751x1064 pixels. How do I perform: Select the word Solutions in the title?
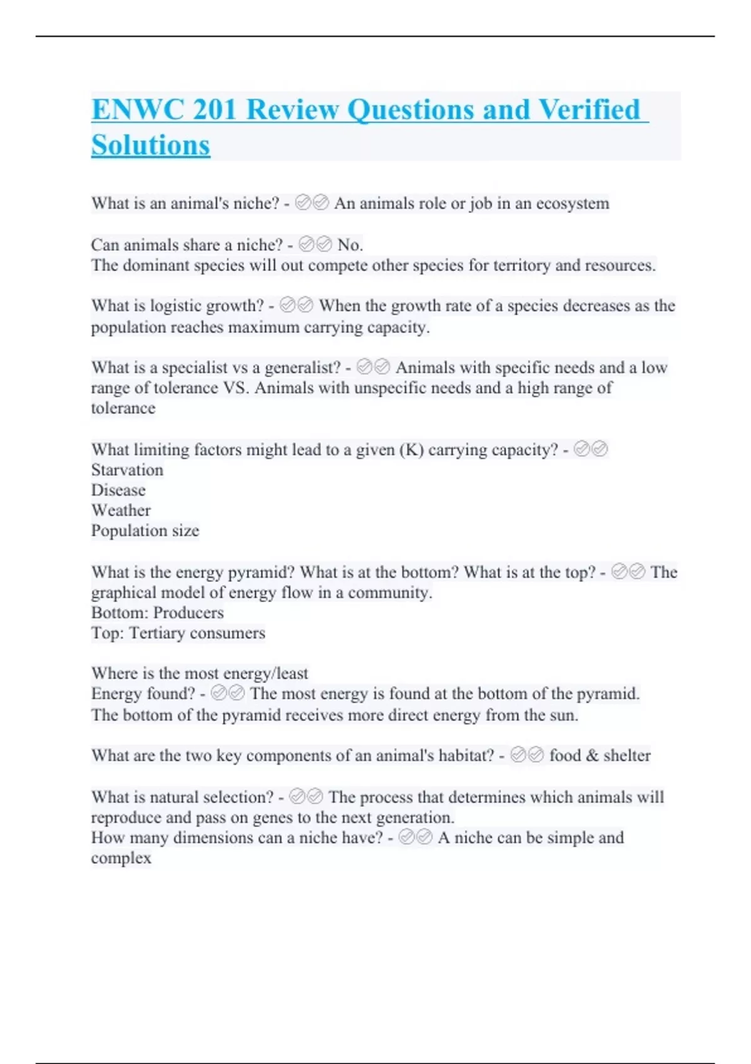[x=151, y=145]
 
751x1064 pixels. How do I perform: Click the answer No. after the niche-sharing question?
[x=350, y=245]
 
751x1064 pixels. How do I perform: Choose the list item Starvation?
[x=127, y=470]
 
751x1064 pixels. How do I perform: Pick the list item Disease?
[x=118, y=490]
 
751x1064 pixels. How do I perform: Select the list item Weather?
[x=121, y=510]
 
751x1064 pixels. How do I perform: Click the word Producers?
[x=188, y=613]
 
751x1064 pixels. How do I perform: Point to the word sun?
[x=563, y=715]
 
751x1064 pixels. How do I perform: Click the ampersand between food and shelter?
[x=592, y=755]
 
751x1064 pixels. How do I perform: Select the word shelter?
[x=627, y=755]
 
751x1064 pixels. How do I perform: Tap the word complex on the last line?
[x=121, y=858]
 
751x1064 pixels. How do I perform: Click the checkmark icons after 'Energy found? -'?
[x=228, y=693]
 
